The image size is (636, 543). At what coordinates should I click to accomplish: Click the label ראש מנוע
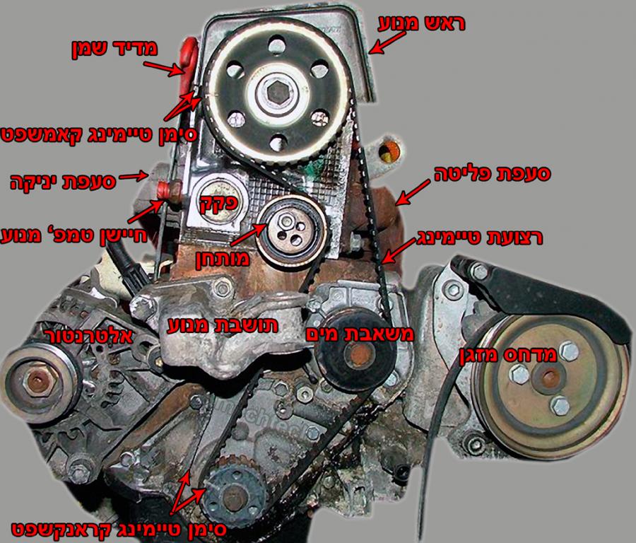pyautogui.click(x=421, y=23)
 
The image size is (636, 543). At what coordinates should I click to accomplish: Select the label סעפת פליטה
pyautogui.click(x=493, y=174)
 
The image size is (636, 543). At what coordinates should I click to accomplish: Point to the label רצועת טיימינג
pyautogui.click(x=479, y=238)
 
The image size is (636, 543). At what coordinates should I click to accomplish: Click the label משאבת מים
pyautogui.click(x=360, y=334)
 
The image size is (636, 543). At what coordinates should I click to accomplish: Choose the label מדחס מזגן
pyautogui.click(x=507, y=355)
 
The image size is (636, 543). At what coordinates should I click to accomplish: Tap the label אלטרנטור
pyautogui.click(x=90, y=335)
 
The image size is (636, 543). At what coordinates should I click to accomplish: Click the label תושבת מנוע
pyautogui.click(x=223, y=325)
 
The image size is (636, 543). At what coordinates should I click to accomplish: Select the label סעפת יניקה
pyautogui.click(x=64, y=182)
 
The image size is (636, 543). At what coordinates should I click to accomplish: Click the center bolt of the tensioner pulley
pyautogui.click(x=287, y=221)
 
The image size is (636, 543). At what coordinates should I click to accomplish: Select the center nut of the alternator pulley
pyautogui.click(x=37, y=381)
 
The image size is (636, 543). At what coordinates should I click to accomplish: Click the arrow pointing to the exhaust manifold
pyautogui.click(x=413, y=192)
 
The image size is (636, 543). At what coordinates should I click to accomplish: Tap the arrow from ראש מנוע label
pyautogui.click(x=387, y=42)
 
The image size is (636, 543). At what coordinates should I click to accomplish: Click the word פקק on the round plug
pyautogui.click(x=219, y=202)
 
